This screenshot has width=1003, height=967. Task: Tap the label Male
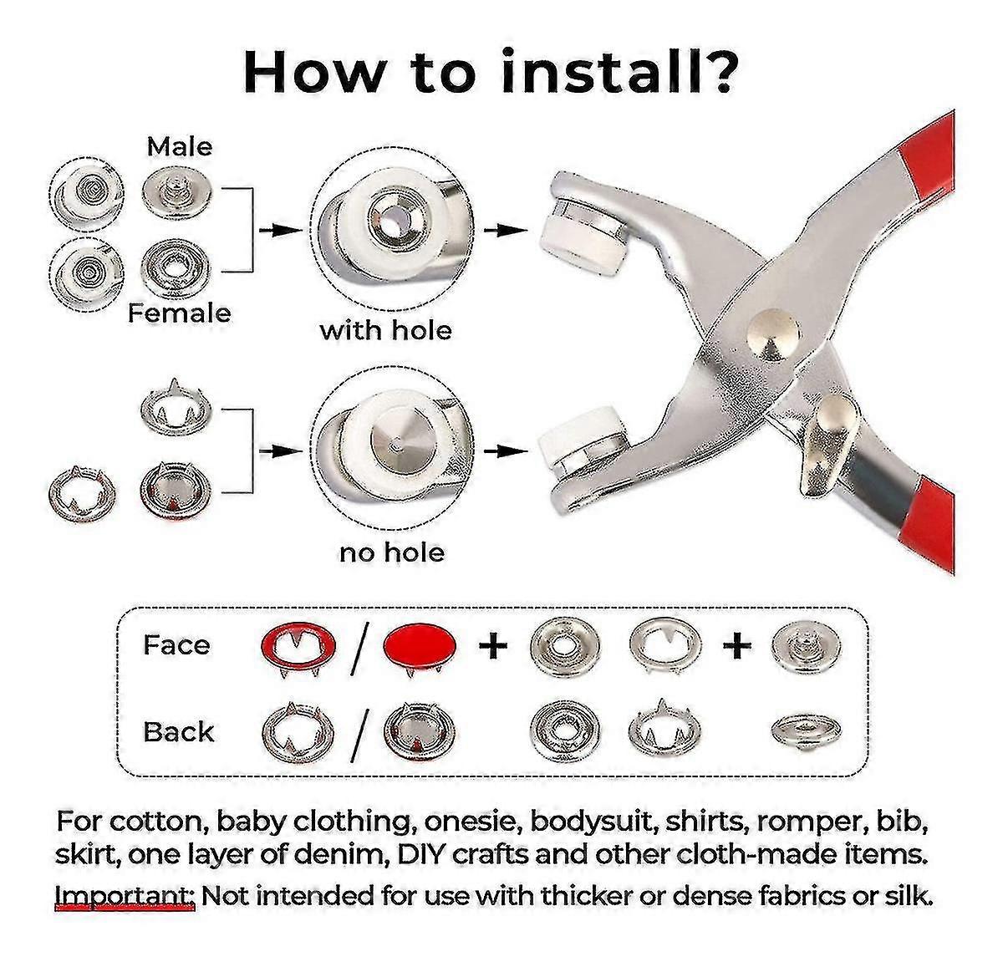pyautogui.click(x=180, y=147)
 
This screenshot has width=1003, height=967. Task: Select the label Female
pyautogui.click(x=180, y=313)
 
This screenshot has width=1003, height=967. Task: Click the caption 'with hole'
pyautogui.click(x=385, y=330)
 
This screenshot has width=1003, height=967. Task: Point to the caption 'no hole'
pyautogui.click(x=392, y=552)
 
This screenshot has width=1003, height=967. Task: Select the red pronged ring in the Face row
pyautogui.click(x=298, y=647)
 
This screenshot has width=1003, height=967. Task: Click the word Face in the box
pyautogui.click(x=177, y=645)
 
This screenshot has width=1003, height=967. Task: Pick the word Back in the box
pyautogui.click(x=178, y=732)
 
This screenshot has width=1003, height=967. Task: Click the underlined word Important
pyautogui.click(x=125, y=896)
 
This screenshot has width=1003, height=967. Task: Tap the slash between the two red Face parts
pyautogui.click(x=360, y=649)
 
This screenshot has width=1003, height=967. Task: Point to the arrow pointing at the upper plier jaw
pyautogui.click(x=506, y=230)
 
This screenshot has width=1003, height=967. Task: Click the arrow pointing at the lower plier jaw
pyautogui.click(x=506, y=451)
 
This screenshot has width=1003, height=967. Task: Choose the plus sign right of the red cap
pyautogui.click(x=493, y=645)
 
